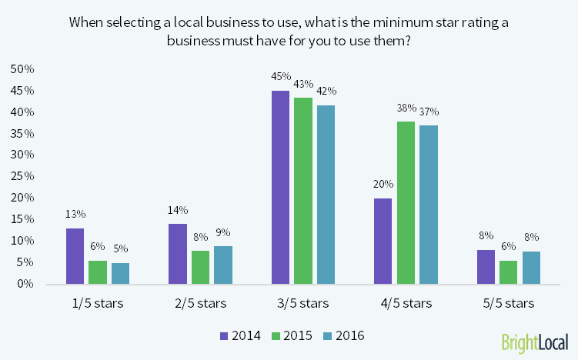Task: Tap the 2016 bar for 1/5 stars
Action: (x=120, y=273)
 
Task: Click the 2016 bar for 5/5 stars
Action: (x=531, y=267)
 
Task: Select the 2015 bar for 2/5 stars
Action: (x=200, y=267)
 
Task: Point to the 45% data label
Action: (x=280, y=76)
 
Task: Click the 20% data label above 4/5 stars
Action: (x=383, y=184)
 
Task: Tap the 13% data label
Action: (x=75, y=214)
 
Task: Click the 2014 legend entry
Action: (x=240, y=335)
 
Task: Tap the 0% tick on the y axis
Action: (x=25, y=284)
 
